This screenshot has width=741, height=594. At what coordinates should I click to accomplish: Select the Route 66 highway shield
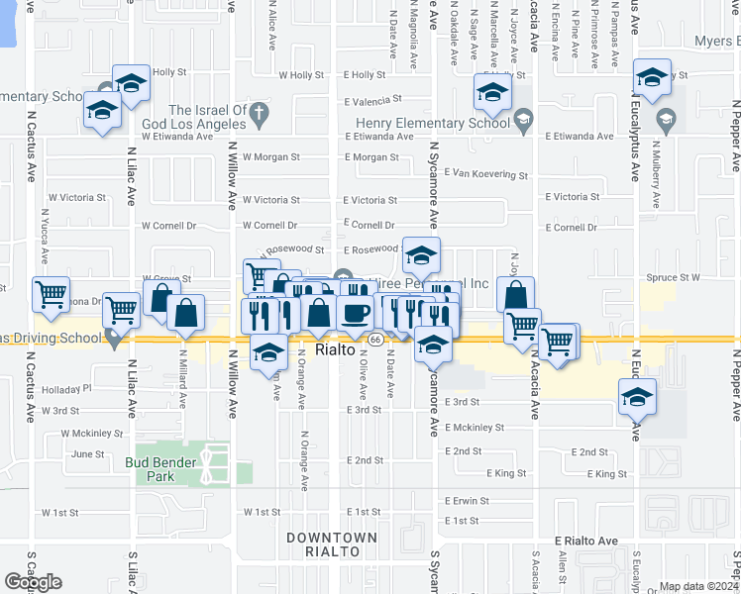point(376,340)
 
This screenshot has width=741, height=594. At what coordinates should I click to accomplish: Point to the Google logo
point(33,582)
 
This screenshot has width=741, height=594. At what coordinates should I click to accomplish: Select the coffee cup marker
point(355,312)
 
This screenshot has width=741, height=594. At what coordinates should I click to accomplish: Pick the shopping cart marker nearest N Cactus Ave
point(51,293)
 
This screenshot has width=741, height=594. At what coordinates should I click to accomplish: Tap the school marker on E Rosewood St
point(421,257)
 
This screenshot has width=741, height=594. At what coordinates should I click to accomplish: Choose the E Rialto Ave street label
point(585,542)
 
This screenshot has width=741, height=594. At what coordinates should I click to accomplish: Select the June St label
point(88,454)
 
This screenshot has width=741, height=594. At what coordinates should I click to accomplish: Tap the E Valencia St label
point(371,101)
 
